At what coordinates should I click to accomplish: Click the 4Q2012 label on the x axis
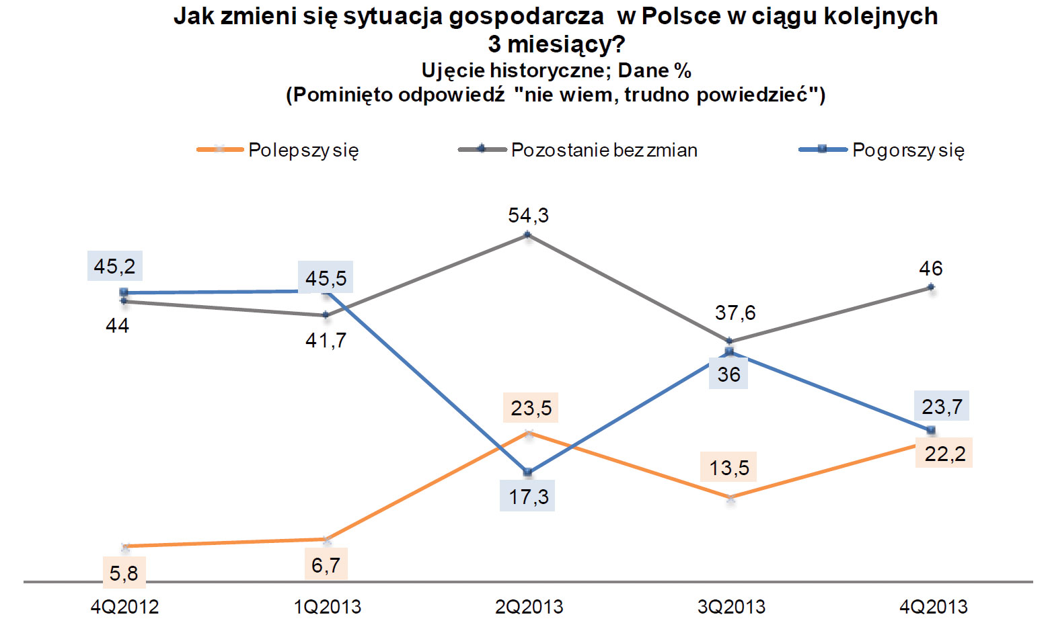click(x=124, y=607)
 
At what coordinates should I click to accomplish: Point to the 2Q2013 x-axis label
click(x=529, y=607)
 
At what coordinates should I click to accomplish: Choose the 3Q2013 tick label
click(x=731, y=607)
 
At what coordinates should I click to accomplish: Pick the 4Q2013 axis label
click(x=934, y=607)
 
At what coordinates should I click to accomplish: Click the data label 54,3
click(x=529, y=216)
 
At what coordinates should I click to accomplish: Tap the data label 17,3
click(x=529, y=497)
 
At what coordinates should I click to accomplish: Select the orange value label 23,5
click(x=531, y=409)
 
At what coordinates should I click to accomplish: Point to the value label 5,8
click(x=124, y=573)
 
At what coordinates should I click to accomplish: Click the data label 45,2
click(x=114, y=267)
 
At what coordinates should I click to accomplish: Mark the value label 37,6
click(x=735, y=312)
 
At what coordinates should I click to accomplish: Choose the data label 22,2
click(x=944, y=454)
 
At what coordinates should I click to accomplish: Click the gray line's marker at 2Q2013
click(x=528, y=235)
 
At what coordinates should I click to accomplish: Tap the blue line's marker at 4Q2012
click(x=124, y=292)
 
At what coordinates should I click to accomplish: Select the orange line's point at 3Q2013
click(x=731, y=499)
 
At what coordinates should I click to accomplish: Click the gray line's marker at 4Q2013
click(x=932, y=287)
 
